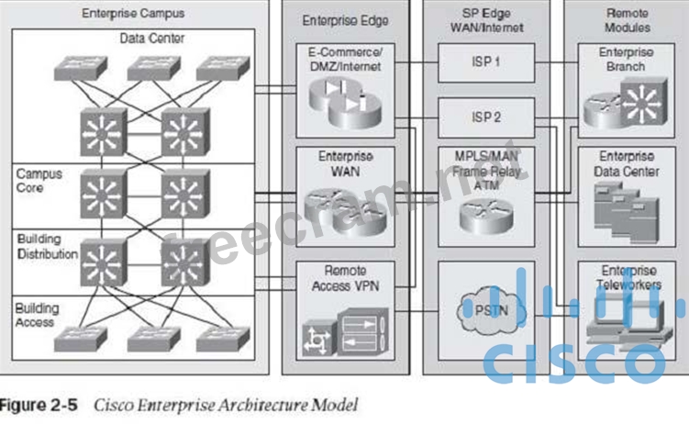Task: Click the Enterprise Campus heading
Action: [x=133, y=14]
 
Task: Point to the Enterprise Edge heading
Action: [x=345, y=20]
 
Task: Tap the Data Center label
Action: [x=151, y=38]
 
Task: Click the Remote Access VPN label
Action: [x=346, y=278]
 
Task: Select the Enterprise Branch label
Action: [x=627, y=60]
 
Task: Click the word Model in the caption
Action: [x=336, y=405]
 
